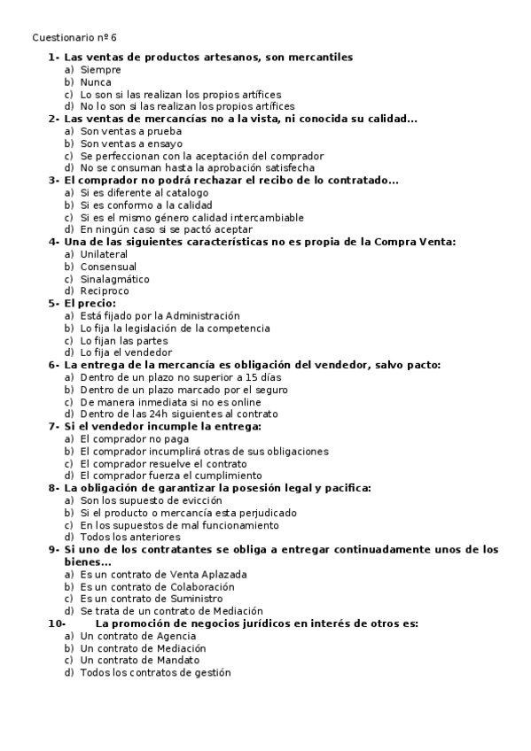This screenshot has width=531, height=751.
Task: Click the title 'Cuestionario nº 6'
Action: (74, 37)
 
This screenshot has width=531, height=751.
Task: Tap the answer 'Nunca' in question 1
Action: (96, 81)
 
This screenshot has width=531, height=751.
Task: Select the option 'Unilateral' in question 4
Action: (104, 254)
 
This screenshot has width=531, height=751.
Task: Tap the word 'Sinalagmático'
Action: (114, 279)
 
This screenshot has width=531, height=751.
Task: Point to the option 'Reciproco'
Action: (105, 291)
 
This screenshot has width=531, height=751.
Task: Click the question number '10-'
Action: (56, 623)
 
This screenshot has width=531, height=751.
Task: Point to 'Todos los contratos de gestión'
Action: (155, 673)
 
